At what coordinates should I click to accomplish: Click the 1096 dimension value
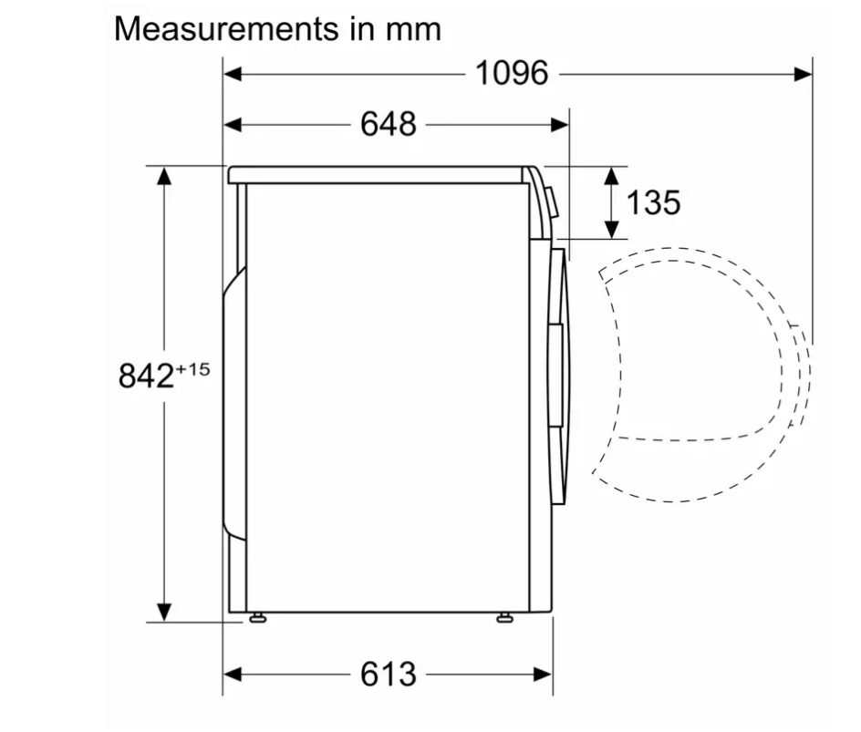pyautogui.click(x=512, y=73)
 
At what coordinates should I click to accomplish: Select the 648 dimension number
pyautogui.click(x=389, y=124)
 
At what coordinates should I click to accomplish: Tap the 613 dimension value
pyautogui.click(x=389, y=674)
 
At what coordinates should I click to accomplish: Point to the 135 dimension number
pyautogui.click(x=653, y=202)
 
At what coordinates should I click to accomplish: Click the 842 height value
pyautogui.click(x=146, y=376)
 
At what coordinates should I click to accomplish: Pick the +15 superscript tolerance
pyautogui.click(x=192, y=369)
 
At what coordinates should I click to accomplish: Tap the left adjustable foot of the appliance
pyautogui.click(x=257, y=618)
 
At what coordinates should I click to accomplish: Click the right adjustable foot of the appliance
pyautogui.click(x=504, y=618)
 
